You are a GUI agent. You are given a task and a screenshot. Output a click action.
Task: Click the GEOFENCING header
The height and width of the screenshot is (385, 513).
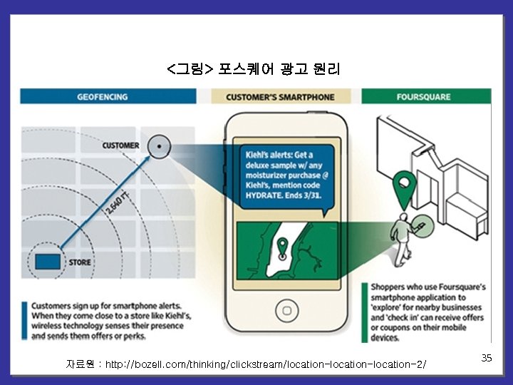[103, 97]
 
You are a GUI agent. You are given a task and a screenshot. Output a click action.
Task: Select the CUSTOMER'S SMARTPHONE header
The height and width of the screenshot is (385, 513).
[280, 97]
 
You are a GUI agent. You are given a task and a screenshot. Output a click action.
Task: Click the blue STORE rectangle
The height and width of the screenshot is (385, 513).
[48, 261]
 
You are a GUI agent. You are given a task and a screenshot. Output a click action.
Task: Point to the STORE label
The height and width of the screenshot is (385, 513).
[80, 262]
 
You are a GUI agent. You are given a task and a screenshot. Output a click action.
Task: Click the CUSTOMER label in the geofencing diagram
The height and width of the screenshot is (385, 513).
[120, 145]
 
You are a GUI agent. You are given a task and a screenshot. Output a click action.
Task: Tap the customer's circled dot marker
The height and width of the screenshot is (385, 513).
[160, 147]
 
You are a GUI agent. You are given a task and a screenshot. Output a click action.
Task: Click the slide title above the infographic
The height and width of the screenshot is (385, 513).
[254, 69]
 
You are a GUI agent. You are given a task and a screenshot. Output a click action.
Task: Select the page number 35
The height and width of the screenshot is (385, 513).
[487, 358]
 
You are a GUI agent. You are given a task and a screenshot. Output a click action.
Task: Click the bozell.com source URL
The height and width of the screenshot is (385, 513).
[266, 365]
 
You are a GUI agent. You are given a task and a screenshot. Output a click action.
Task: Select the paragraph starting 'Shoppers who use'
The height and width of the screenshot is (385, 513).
[427, 312]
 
